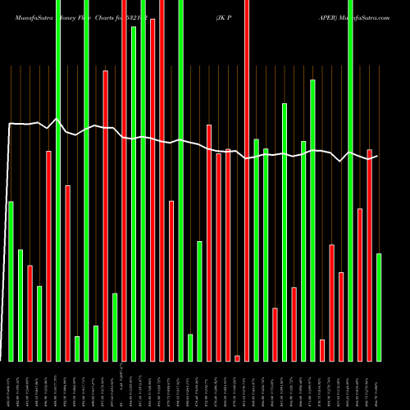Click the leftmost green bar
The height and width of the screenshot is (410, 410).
(11, 280)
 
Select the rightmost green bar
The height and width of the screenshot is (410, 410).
(379, 307)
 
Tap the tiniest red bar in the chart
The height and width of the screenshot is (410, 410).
(237, 358)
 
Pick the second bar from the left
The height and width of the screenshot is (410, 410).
(20, 304)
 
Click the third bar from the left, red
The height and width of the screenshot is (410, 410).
(30, 312)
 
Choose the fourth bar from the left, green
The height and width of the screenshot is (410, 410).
(39, 323)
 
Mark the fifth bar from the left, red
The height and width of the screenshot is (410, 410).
(48, 255)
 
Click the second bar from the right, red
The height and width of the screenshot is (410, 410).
(369, 254)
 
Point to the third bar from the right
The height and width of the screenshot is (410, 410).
(360, 285)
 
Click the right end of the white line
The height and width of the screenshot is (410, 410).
(379, 156)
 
